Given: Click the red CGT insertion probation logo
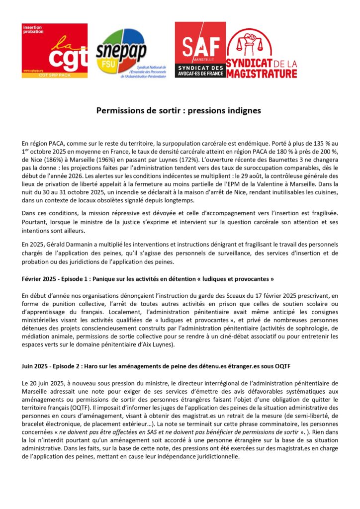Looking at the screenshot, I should [55, 51].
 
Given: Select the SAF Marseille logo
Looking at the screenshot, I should [200, 50].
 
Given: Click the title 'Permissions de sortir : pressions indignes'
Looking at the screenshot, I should [179, 111].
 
